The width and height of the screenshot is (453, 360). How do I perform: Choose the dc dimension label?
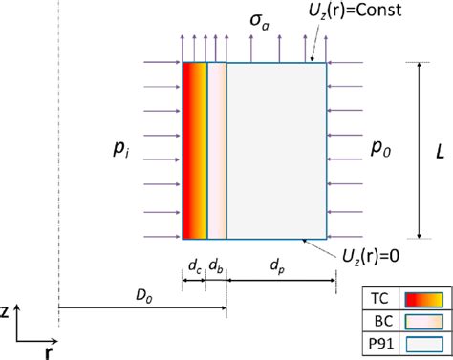pyautogui.click(x=194, y=263)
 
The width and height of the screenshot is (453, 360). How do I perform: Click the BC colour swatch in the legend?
pyautogui.click(x=425, y=322)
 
